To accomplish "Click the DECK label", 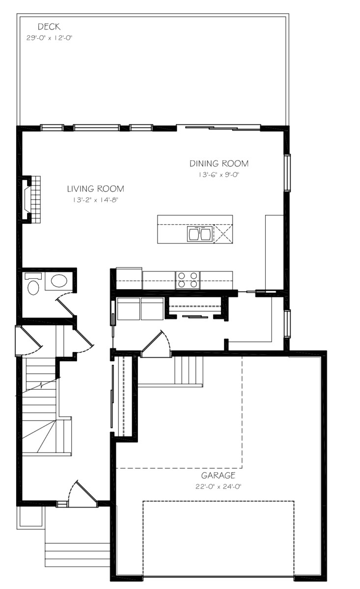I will point(49,27).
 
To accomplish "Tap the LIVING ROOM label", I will point(95,188).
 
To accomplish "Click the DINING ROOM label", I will point(219,163).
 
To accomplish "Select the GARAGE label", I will point(218,476).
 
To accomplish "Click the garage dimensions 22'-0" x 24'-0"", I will point(218,487).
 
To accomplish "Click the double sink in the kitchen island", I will point(199,234).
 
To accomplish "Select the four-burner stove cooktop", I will point(187,280).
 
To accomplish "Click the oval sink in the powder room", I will point(59,281).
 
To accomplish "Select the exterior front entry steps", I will point(77,547).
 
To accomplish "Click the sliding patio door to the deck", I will point(218,128).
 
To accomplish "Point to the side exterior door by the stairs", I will point(28,341).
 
